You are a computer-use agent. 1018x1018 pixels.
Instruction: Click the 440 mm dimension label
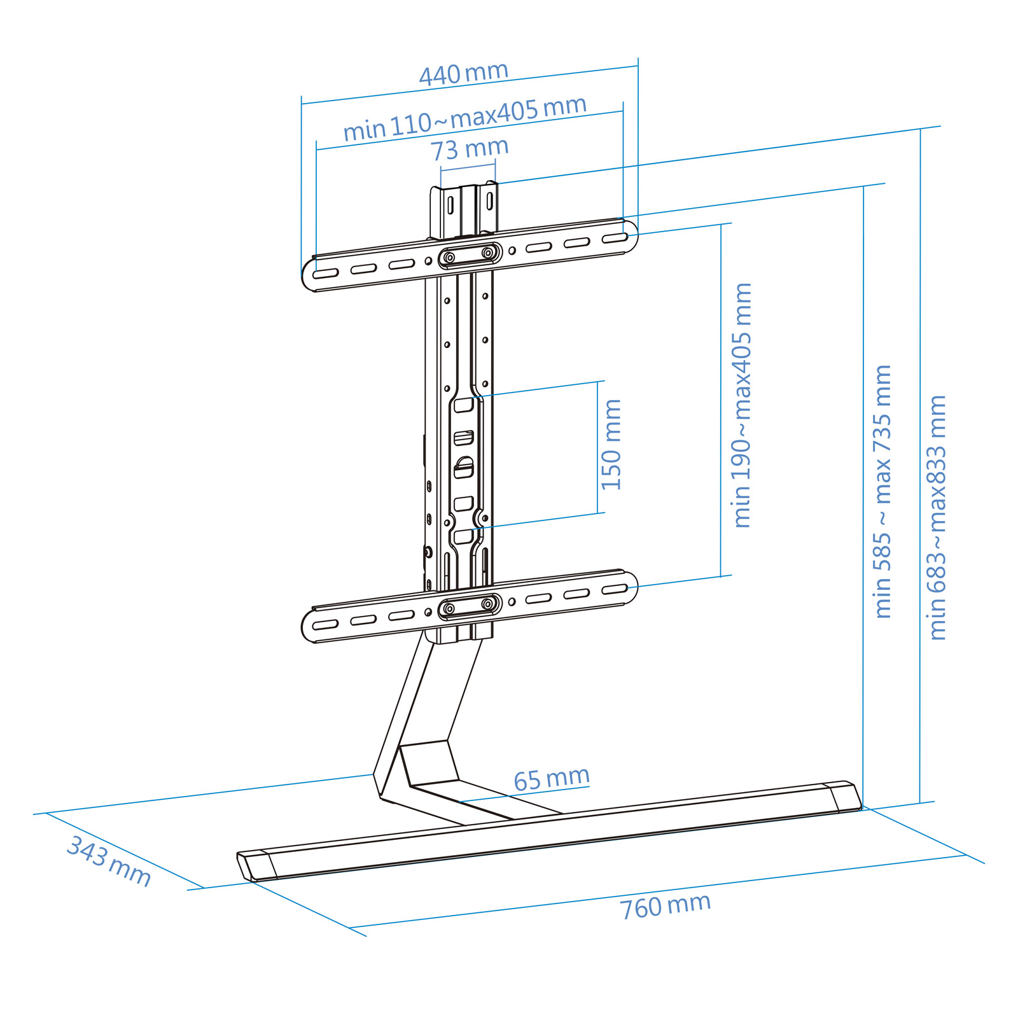[464, 73]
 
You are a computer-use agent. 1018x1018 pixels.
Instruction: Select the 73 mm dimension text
[470, 150]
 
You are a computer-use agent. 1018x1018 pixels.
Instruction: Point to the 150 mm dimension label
[611, 445]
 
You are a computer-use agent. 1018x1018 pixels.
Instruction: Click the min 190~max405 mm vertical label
[742, 405]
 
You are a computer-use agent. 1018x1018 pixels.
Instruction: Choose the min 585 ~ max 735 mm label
[882, 491]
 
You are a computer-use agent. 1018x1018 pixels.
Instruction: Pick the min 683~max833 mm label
[937, 517]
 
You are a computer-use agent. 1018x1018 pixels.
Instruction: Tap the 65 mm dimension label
[552, 779]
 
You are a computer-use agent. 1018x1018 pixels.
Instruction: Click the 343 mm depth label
[109, 861]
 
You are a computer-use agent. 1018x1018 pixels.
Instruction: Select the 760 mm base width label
[666, 906]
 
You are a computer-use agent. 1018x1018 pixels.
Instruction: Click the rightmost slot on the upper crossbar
[615, 238]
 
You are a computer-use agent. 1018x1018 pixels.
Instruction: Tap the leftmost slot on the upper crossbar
[325, 274]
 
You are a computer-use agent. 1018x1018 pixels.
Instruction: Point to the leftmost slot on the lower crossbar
[325, 625]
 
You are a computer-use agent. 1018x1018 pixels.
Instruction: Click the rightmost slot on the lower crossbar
[615, 589]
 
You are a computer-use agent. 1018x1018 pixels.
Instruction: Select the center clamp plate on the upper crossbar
[469, 255]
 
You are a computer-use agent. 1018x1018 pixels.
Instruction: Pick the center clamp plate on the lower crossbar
[469, 606]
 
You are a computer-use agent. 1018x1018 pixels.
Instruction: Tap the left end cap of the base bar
[256, 865]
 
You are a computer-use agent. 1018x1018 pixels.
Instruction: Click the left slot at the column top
[450, 205]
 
